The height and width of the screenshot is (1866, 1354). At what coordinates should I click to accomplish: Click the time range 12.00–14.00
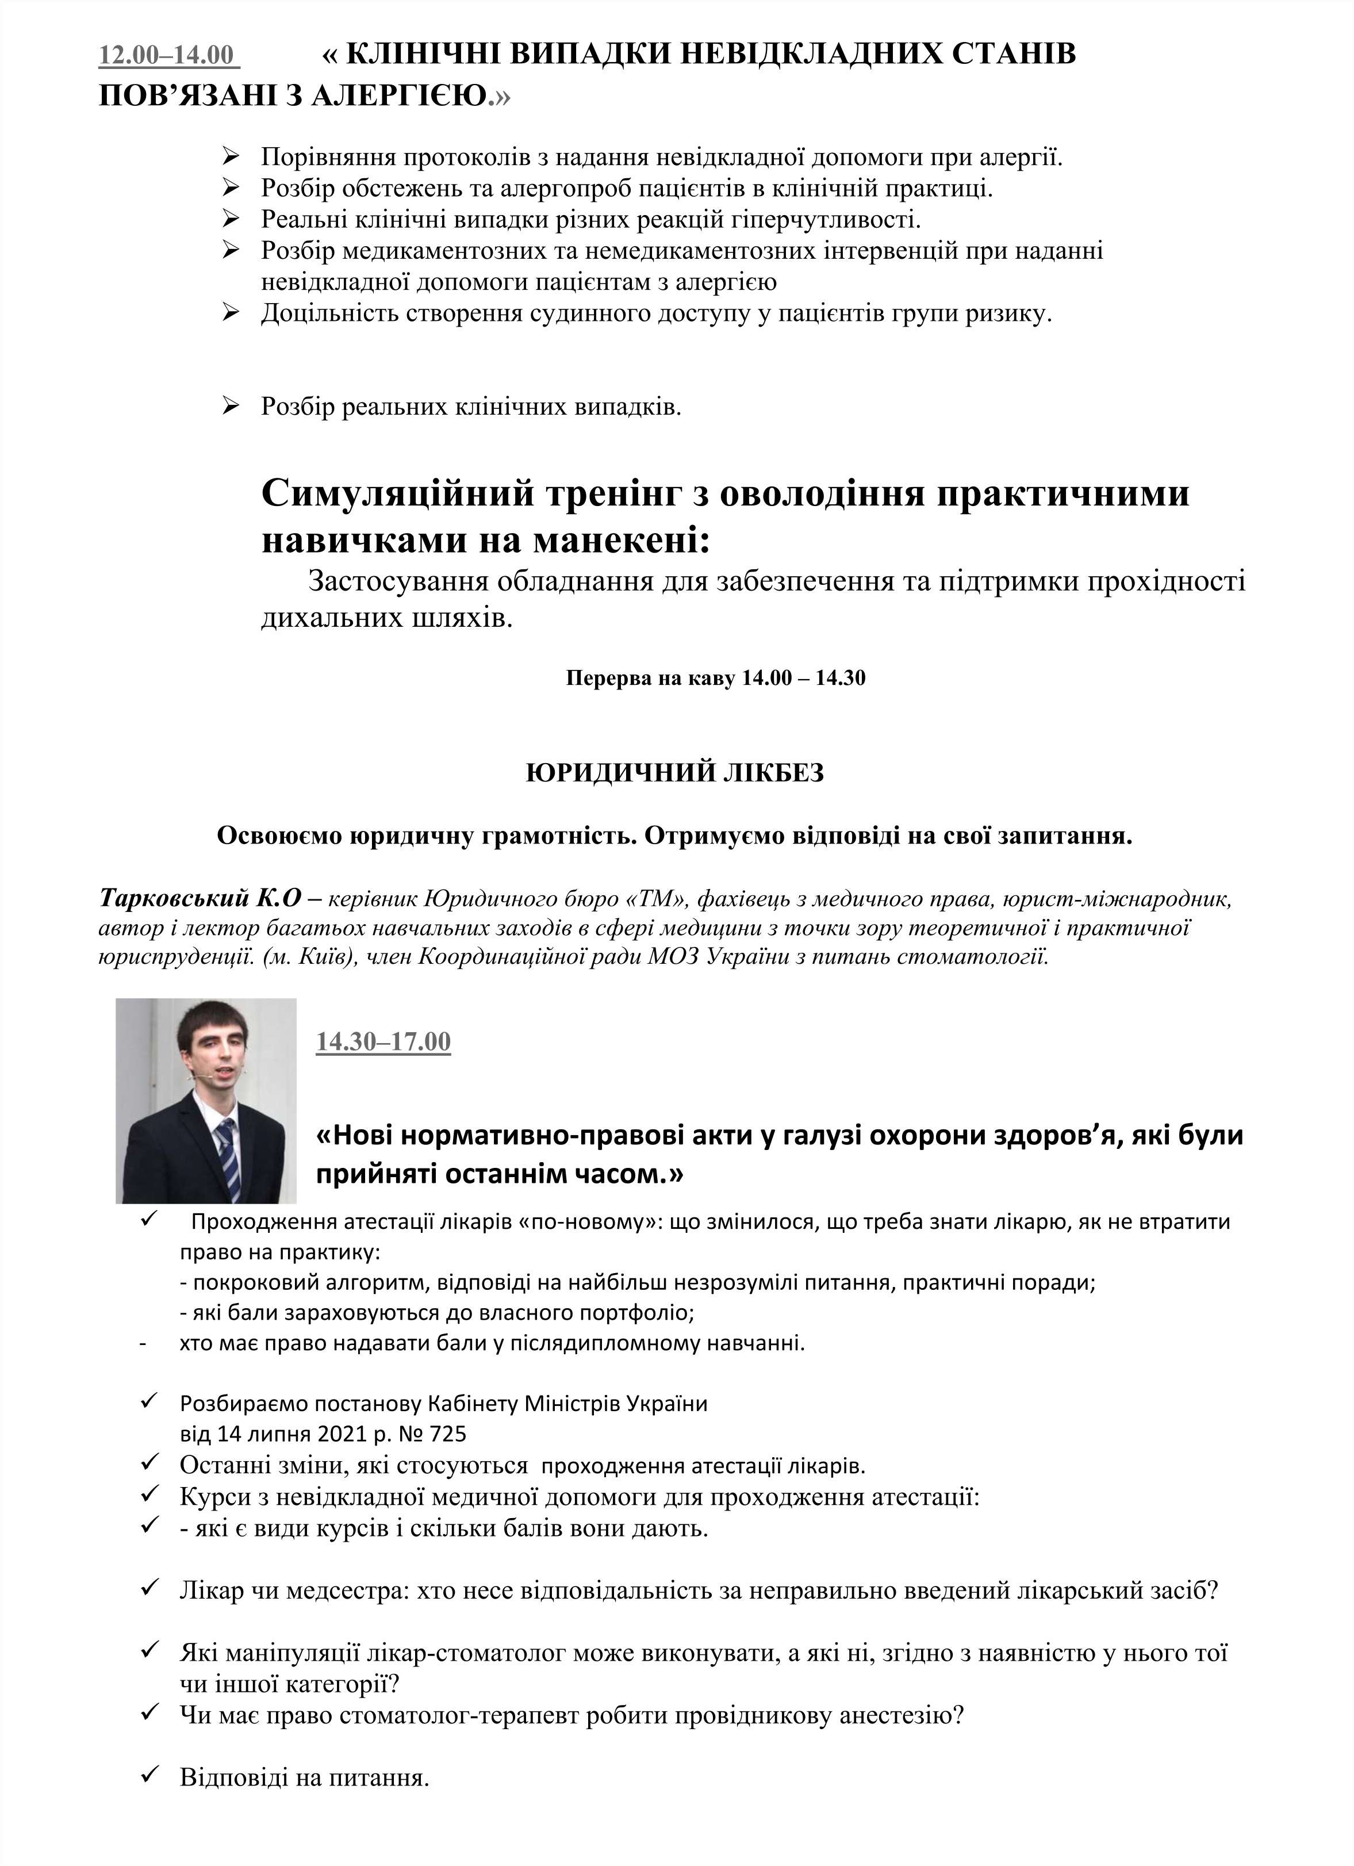click(168, 55)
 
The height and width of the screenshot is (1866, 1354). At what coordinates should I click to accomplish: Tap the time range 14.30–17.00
click(383, 1041)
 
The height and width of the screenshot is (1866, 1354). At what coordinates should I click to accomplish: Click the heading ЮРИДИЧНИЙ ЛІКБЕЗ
click(674, 773)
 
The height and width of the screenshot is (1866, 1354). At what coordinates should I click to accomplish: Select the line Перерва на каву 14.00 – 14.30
click(716, 679)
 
